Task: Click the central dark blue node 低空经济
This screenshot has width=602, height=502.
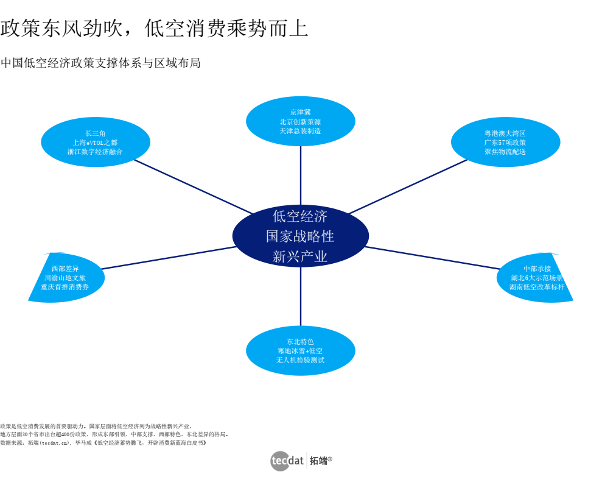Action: pos(300,236)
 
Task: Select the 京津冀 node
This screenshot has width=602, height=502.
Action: pos(300,121)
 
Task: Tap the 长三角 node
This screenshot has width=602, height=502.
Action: pos(96,142)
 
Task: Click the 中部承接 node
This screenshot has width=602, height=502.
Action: pos(536,277)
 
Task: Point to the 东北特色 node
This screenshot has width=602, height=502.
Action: pos(300,350)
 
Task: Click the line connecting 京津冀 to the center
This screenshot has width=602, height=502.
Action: pos(300,177)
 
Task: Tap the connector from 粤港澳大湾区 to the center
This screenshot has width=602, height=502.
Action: pos(408,186)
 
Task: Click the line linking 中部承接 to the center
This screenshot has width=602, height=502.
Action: pos(432,258)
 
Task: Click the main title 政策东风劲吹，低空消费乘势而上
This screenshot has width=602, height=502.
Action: pos(155,28)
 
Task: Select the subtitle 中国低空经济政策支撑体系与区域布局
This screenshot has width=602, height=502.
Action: pos(100,63)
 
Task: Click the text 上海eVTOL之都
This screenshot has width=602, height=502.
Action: pos(95,143)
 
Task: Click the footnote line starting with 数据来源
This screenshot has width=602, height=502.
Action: pos(103,443)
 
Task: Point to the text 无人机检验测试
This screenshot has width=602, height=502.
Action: pos(300,360)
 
